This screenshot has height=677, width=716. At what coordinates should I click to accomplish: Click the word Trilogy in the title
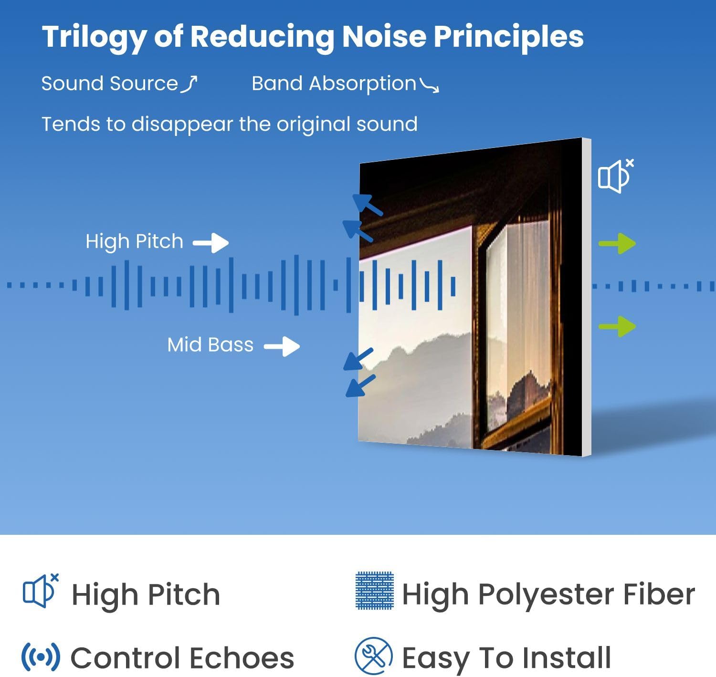94,38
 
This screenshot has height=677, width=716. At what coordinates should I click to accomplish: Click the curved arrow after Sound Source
189,84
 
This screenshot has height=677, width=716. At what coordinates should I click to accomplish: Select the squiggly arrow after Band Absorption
430,85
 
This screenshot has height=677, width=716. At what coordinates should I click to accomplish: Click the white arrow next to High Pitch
211,243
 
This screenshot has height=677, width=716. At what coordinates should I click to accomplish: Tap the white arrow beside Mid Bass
282,346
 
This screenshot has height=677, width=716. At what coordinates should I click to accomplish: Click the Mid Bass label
210,344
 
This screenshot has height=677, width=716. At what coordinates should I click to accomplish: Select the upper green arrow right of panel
617,243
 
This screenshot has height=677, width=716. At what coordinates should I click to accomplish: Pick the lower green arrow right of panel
617,326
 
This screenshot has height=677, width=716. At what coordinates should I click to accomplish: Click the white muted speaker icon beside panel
615,176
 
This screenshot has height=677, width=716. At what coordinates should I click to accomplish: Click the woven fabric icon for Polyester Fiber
374,591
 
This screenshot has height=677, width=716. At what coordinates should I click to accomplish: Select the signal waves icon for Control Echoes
41,657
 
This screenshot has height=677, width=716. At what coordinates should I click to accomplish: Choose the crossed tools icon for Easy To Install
374,656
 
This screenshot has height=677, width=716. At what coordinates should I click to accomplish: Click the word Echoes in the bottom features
242,658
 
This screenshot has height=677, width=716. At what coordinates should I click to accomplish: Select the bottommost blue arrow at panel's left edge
360,386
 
